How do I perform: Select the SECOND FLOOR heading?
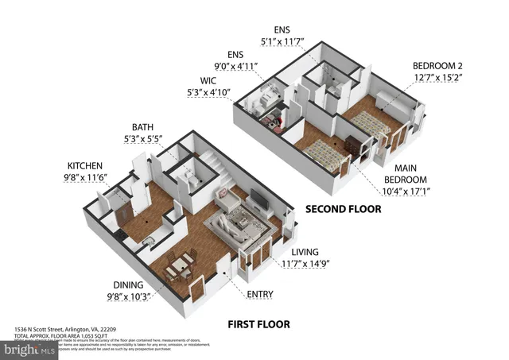click(x=344, y=210)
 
